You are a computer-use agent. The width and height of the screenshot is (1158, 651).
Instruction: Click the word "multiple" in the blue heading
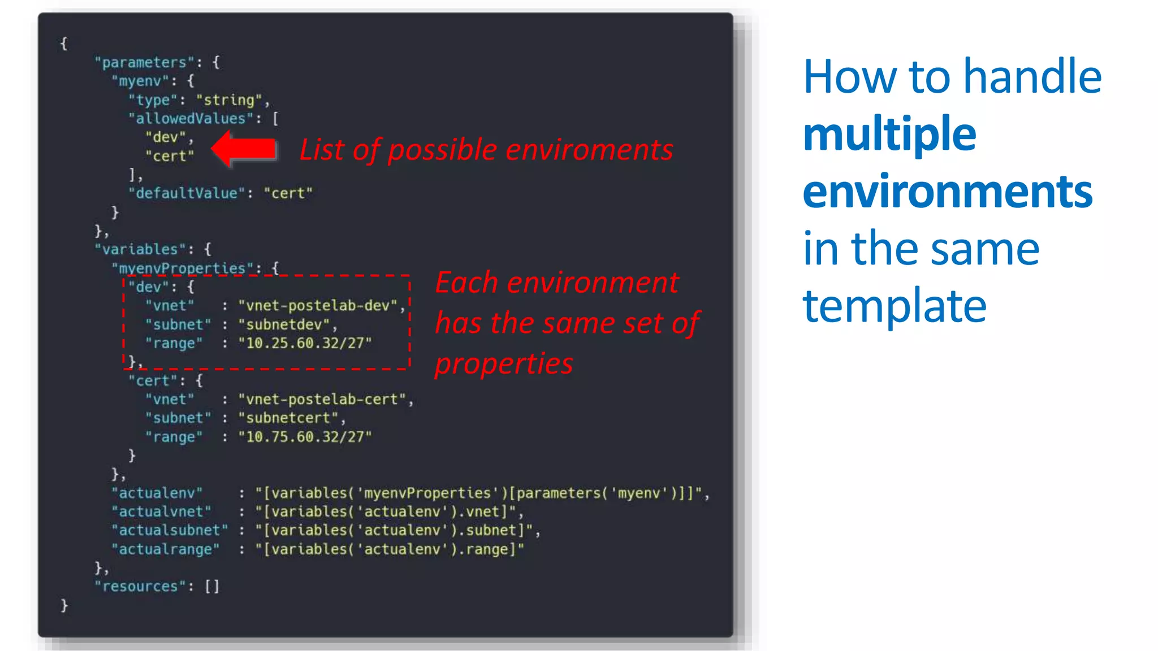889,135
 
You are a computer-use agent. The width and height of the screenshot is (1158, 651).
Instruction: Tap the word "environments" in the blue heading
947,193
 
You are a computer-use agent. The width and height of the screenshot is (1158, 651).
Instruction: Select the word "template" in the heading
895,306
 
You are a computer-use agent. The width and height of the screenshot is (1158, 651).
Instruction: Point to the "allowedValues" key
191,119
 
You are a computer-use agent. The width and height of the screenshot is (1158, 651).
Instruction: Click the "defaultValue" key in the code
186,193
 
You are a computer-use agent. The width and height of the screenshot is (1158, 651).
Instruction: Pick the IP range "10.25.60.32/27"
304,343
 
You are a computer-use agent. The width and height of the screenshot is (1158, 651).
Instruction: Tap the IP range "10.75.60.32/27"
304,437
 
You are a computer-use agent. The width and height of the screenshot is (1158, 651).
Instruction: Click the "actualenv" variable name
157,493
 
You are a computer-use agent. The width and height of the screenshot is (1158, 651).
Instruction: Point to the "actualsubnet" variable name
169,530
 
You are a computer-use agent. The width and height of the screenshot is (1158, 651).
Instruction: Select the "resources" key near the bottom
140,587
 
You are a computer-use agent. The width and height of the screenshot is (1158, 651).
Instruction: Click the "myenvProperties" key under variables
182,268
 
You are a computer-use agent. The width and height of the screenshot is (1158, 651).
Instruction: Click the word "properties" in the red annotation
503,363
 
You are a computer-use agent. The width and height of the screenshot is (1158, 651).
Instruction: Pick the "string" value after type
229,100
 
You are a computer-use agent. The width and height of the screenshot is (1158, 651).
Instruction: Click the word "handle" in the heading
1032,77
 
